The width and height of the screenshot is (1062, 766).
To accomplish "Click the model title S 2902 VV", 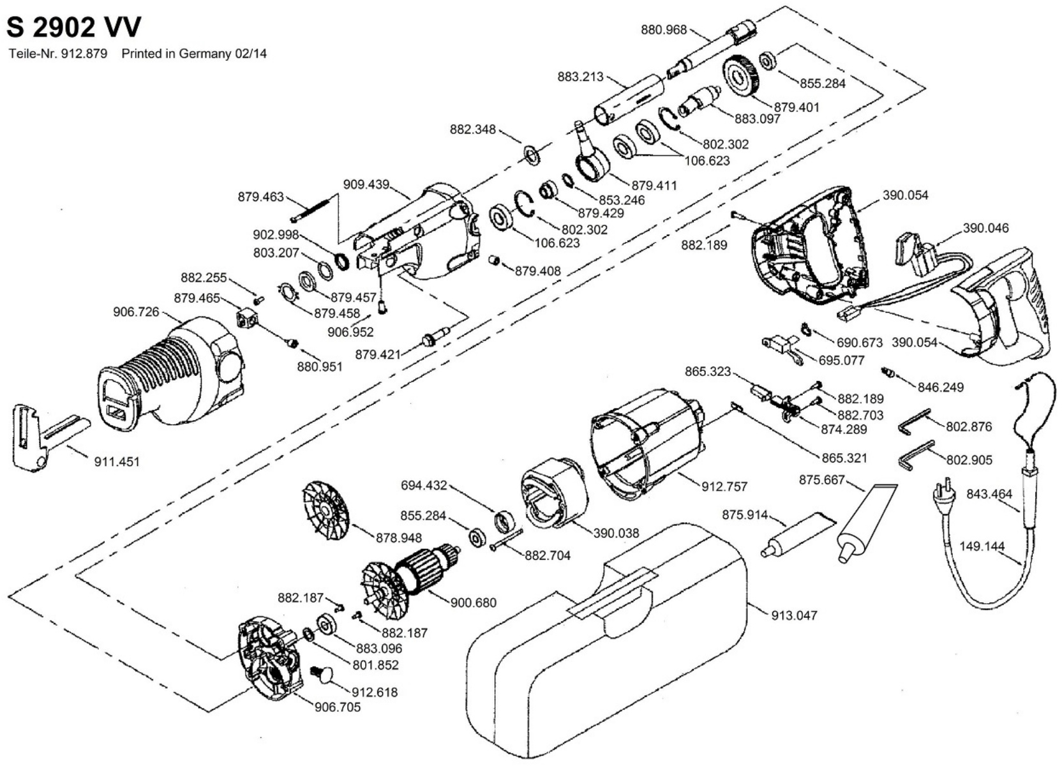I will click(73, 27).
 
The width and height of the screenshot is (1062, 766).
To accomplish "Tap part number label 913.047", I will click(794, 615).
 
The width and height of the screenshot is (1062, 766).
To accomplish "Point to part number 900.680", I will click(473, 603).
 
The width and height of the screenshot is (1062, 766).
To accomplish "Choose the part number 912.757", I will click(724, 486).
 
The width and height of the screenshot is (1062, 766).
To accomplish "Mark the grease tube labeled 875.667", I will click(865, 523).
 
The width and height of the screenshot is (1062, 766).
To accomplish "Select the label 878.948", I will click(398, 537).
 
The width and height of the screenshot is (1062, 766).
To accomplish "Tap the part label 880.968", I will click(664, 29).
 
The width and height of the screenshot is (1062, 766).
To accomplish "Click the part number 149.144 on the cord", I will click(982, 546).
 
